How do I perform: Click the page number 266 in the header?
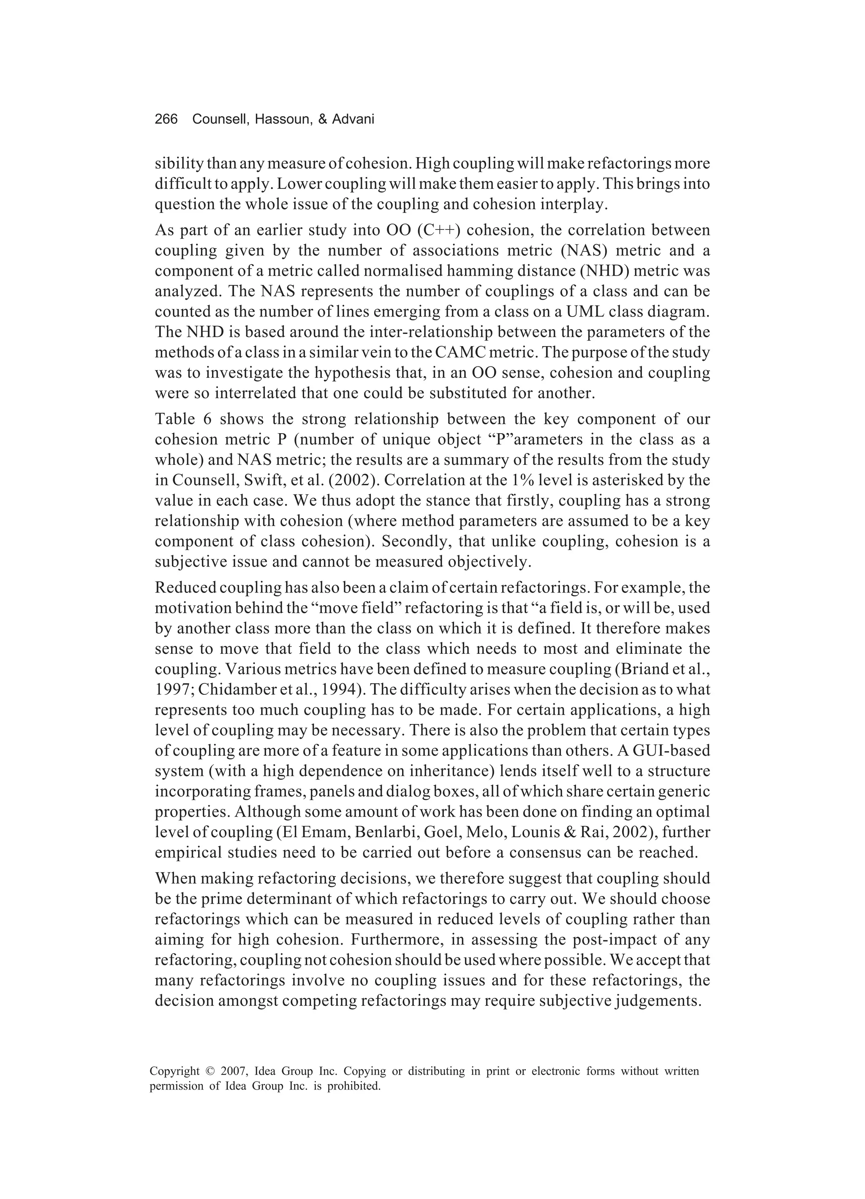pyautogui.click(x=166, y=120)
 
